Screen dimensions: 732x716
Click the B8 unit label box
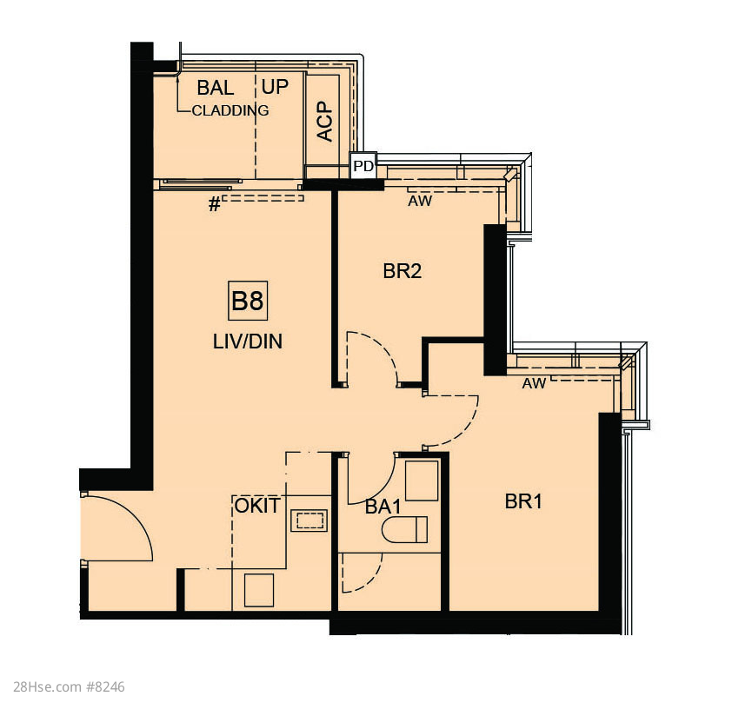(248, 301)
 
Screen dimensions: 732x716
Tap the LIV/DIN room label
(248, 341)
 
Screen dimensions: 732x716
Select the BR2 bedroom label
(402, 271)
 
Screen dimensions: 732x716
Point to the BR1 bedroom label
(523, 501)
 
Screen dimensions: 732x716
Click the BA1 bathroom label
(383, 507)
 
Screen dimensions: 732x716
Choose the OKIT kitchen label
(257, 506)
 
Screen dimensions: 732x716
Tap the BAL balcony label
(216, 88)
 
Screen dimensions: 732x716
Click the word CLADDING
(230, 110)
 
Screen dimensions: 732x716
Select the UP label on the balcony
(275, 87)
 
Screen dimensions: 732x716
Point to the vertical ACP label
(325, 122)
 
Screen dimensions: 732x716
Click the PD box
(363, 166)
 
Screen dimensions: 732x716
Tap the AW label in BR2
(420, 202)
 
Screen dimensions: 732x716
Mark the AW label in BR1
(534, 384)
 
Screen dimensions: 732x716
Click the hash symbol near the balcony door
(214, 204)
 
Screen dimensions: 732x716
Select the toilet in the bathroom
(405, 530)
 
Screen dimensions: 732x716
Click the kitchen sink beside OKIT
(309, 520)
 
